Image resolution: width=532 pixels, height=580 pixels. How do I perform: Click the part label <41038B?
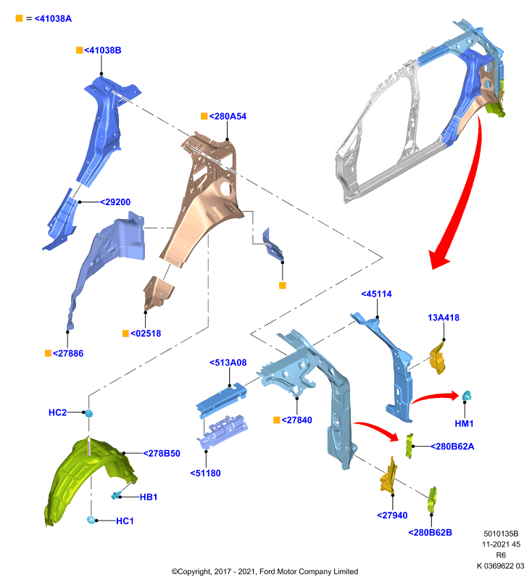[102, 50]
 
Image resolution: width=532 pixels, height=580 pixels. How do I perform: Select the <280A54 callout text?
[228, 116]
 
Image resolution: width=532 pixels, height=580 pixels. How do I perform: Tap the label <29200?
[115, 202]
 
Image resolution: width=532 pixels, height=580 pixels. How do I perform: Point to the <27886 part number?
[68, 353]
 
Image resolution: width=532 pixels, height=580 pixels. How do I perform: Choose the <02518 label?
[146, 333]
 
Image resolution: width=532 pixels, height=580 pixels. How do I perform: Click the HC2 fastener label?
[58, 413]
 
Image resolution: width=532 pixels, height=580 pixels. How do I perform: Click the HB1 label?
[149, 497]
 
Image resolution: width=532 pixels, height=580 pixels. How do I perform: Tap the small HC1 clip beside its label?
[91, 520]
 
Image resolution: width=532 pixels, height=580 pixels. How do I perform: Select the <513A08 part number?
[228, 362]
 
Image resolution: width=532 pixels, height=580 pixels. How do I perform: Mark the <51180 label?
[205, 473]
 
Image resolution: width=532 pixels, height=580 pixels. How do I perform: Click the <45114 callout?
[376, 294]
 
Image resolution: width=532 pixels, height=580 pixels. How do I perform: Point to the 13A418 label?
[444, 318]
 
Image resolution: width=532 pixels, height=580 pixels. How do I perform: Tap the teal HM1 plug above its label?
[467, 396]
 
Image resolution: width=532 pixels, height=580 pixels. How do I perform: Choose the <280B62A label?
[452, 447]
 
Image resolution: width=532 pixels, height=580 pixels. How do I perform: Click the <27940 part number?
[392, 515]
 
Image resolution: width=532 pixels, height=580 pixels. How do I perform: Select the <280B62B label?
[431, 532]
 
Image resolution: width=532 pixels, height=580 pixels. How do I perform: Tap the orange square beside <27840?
[277, 420]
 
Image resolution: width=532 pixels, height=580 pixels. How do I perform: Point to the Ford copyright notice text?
[265, 571]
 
